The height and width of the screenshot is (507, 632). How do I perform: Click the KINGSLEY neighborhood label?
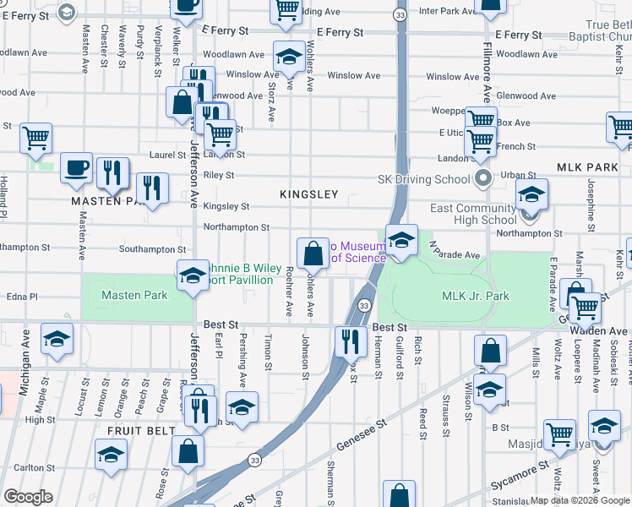[x=309, y=194]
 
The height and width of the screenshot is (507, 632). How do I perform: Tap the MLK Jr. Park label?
[x=476, y=296]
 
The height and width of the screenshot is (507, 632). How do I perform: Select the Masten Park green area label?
[x=133, y=295]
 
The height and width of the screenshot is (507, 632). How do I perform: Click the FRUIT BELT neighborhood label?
[x=129, y=430]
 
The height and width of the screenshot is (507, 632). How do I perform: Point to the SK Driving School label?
[x=423, y=179]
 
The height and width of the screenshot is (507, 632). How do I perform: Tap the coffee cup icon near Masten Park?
[x=76, y=167]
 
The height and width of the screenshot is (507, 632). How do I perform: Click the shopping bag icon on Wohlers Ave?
[x=313, y=253]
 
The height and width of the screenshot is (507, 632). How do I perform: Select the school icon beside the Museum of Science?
[x=402, y=240]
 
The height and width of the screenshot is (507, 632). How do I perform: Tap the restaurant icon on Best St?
[x=348, y=341]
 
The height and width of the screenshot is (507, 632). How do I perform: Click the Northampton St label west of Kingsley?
[x=236, y=227]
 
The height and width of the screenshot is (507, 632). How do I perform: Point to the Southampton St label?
[x=152, y=249]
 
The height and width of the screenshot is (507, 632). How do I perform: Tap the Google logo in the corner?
[x=28, y=497]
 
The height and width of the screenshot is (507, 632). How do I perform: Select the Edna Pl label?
[x=23, y=297]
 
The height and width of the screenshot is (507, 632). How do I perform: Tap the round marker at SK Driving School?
[x=483, y=178]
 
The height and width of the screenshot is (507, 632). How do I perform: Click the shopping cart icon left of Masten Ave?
[x=35, y=138]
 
